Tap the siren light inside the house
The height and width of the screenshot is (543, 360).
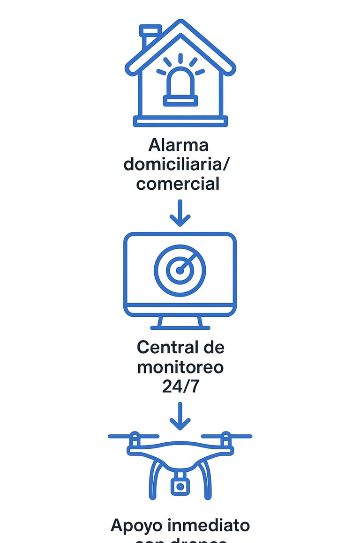180,85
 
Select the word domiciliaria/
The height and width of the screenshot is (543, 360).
178,164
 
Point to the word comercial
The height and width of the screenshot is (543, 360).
178,183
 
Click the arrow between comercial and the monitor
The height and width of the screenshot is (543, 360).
180,213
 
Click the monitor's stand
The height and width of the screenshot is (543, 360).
180,323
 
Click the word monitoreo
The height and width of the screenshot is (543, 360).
180,367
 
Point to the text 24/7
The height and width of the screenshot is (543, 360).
180,386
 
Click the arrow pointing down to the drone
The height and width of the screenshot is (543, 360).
180,416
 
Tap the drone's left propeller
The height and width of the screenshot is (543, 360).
134,437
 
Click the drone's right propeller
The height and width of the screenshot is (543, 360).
226,437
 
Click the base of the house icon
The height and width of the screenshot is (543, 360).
180,121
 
